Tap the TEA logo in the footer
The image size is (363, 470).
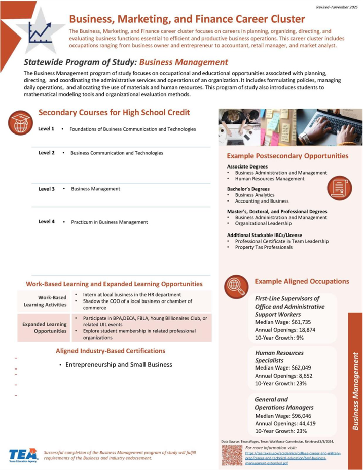22,455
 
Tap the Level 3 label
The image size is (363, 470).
46,189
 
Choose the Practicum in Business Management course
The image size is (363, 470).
109,222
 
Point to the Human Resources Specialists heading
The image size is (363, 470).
279,356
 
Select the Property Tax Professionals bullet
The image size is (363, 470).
261,247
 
